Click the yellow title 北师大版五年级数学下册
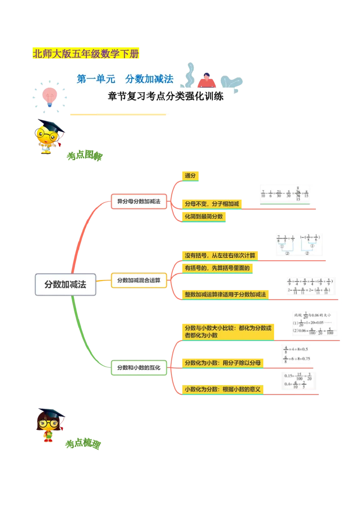point(86,54)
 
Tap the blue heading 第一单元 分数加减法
point(125,79)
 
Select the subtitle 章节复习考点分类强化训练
point(166,96)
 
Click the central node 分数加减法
point(65,285)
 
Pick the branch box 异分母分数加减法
point(139,201)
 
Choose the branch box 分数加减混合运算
point(139,280)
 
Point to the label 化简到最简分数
point(203,216)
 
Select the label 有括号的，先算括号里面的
point(216,268)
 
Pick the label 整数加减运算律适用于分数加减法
point(225,295)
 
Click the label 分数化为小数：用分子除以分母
point(222,362)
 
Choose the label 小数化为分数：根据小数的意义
point(222,389)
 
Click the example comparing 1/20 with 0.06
point(315,324)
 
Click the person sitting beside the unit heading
point(206,79)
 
